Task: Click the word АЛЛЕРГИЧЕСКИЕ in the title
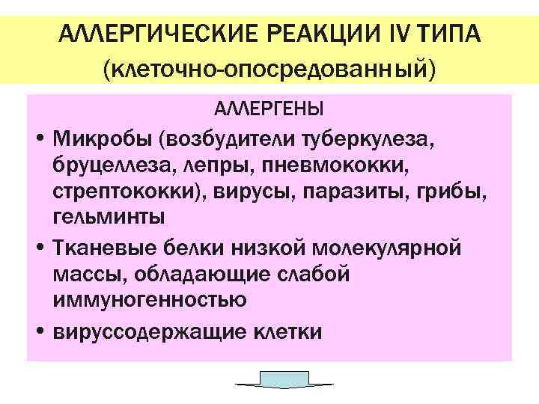(150, 34)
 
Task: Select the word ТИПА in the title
(449, 34)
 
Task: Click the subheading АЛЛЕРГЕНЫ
(269, 110)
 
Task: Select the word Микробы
(101, 140)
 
